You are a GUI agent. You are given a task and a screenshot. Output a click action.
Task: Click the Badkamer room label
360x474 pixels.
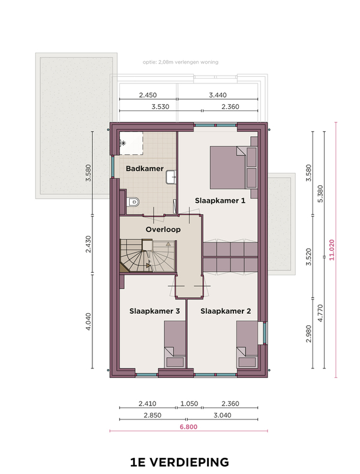145,169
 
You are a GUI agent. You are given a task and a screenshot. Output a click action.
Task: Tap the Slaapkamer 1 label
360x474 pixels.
220,200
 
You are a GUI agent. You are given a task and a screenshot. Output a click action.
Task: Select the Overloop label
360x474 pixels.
163,229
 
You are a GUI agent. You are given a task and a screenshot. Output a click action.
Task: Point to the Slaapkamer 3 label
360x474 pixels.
154,311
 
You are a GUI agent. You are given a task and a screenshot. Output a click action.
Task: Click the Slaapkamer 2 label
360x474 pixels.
226,311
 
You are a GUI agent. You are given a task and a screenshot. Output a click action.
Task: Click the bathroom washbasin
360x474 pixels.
171,177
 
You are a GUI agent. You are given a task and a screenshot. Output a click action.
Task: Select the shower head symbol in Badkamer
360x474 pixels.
123,143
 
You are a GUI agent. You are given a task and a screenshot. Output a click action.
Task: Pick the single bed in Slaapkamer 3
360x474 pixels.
175,344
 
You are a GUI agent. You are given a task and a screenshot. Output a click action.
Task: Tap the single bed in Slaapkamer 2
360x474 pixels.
247,344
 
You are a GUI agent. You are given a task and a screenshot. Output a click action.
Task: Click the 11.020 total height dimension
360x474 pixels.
332,250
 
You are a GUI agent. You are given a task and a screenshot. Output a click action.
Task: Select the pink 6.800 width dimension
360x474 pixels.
188,427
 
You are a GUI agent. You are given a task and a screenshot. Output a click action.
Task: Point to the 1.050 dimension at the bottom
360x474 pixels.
189,404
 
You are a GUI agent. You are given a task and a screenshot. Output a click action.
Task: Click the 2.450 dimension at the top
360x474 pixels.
148,95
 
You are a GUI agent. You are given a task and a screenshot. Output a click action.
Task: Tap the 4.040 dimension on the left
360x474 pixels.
88,322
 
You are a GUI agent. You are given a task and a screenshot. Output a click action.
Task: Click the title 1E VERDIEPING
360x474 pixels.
179,462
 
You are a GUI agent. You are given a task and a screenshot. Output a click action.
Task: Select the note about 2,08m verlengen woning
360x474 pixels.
181,62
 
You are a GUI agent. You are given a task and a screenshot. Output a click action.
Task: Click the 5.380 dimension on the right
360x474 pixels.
320,194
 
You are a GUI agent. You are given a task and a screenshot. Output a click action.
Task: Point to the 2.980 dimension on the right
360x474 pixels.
308,334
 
